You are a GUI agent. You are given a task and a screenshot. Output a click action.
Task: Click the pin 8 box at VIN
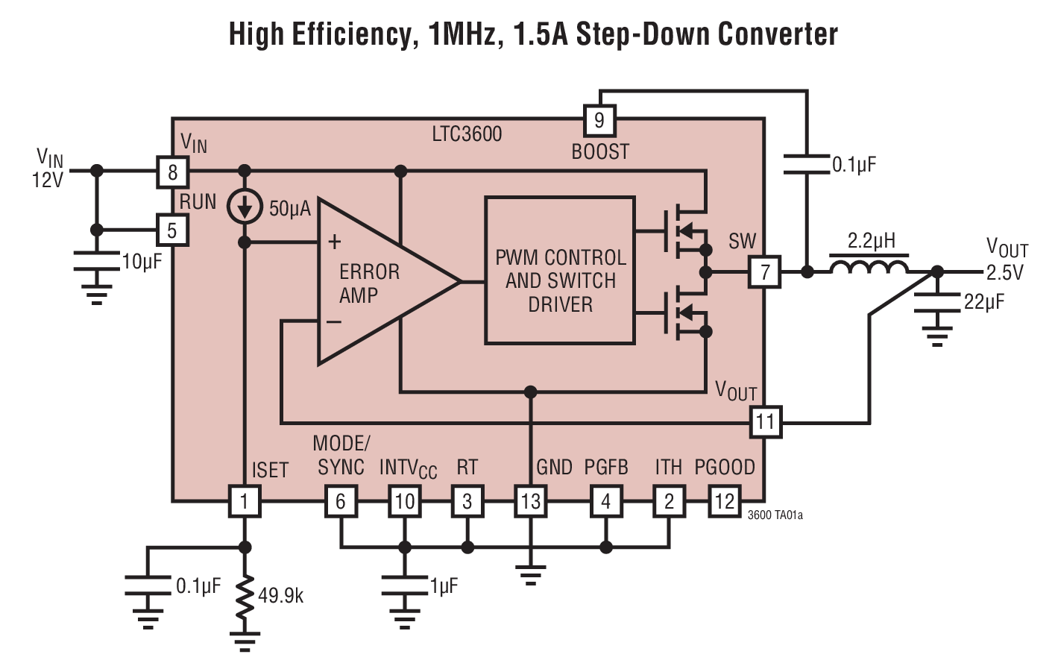pyautogui.click(x=172, y=172)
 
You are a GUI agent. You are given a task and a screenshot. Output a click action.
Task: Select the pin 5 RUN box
pyautogui.click(x=172, y=230)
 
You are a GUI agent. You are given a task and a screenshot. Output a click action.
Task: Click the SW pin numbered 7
pyautogui.click(x=765, y=272)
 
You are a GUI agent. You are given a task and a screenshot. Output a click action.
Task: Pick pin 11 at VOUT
pyautogui.click(x=766, y=422)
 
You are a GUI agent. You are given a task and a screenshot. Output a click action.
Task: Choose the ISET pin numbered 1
pyautogui.click(x=244, y=501)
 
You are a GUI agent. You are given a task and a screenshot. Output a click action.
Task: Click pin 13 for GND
pyautogui.click(x=530, y=501)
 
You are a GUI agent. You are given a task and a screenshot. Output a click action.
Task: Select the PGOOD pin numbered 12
pyautogui.click(x=724, y=501)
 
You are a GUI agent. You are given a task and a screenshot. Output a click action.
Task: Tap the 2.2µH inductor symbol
pyautogui.click(x=869, y=267)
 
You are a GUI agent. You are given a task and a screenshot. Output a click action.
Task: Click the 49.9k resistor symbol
pyautogui.click(x=245, y=597)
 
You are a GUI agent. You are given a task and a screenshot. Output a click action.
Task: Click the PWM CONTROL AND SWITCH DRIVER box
pyautogui.click(x=560, y=271)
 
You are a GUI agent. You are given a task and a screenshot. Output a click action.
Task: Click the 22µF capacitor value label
pyautogui.click(x=984, y=302)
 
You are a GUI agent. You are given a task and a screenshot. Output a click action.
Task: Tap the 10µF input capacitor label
pyautogui.click(x=142, y=262)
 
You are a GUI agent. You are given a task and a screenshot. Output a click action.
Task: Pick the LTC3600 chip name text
pyautogui.click(x=467, y=134)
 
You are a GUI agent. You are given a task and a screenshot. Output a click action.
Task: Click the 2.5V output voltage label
pyautogui.click(x=1005, y=273)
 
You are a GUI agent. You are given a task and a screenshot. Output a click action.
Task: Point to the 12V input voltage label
pyautogui.click(x=47, y=180)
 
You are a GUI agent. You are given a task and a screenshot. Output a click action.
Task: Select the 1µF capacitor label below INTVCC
pyautogui.click(x=444, y=586)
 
